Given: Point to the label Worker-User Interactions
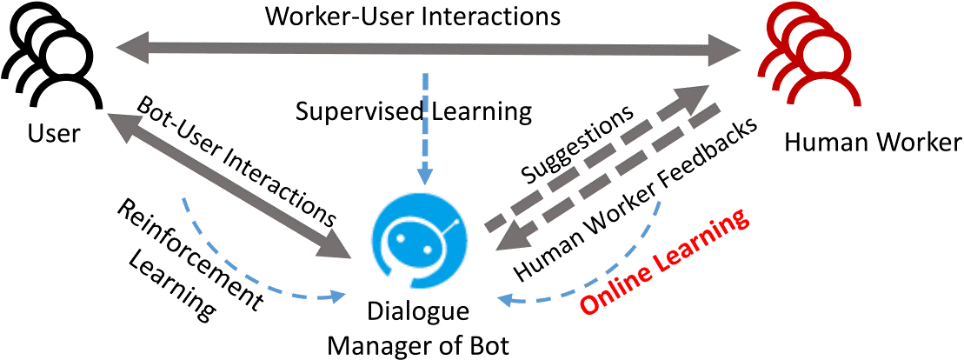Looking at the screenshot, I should (413, 17).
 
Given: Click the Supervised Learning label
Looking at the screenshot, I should (412, 111).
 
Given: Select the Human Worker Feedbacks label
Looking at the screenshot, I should (640, 195).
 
